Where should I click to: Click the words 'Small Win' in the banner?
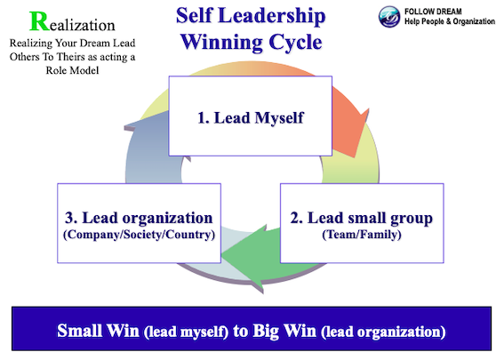click(96, 332)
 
